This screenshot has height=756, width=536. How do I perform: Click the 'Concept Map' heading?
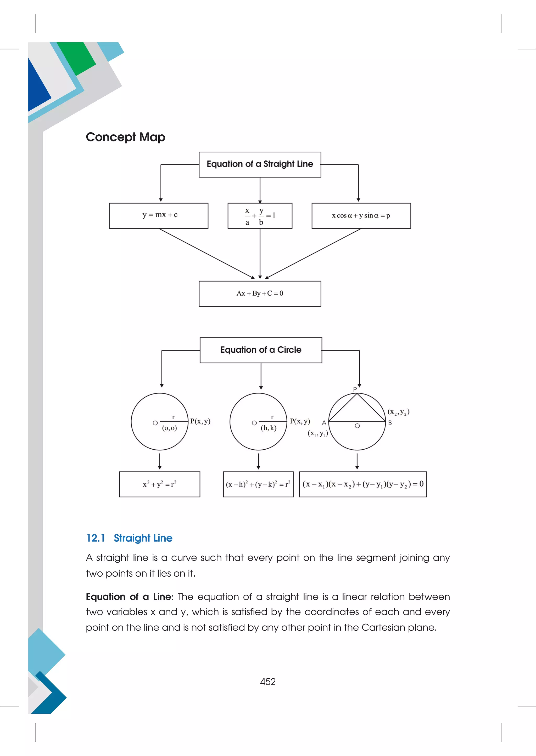click(125, 137)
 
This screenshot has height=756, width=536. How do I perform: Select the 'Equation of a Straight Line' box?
click(260, 164)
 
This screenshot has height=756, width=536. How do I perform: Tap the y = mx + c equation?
click(160, 215)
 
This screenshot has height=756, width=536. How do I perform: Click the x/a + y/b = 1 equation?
click(260, 216)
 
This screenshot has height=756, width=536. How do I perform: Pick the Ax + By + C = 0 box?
click(260, 293)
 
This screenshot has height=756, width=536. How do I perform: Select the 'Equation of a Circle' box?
click(261, 350)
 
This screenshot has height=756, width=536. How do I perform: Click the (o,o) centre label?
click(169, 428)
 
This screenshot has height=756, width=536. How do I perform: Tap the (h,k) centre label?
click(268, 428)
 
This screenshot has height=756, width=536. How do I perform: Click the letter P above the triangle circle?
click(355, 390)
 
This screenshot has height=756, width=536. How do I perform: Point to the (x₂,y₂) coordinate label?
click(398, 412)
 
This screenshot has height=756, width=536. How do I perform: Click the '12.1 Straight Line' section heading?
click(129, 538)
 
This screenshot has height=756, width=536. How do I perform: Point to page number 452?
click(268, 681)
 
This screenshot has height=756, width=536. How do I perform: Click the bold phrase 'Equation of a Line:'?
click(129, 597)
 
